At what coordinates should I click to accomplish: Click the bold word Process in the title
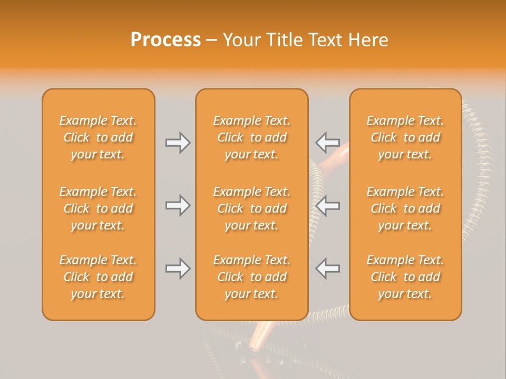coord(166,39)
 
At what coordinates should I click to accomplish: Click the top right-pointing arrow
coord(178,143)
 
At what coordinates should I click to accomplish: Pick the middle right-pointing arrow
coord(178,205)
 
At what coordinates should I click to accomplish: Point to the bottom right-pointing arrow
coord(178,268)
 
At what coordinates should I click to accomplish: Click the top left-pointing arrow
coord(327,143)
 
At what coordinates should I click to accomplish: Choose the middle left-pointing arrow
coord(327,205)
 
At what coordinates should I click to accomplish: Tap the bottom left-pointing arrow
coord(327,268)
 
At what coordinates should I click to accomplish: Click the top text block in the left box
coord(98,137)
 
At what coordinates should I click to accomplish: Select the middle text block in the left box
coord(98,208)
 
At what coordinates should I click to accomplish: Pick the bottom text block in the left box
coord(98,277)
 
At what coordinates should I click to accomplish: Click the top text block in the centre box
coord(252,137)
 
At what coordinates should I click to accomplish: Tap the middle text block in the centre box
coord(252,208)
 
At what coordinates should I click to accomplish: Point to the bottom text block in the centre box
coord(252,277)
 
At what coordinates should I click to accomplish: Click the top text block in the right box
coord(405,137)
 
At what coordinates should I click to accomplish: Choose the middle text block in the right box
coord(405,208)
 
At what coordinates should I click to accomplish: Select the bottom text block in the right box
coord(405,277)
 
